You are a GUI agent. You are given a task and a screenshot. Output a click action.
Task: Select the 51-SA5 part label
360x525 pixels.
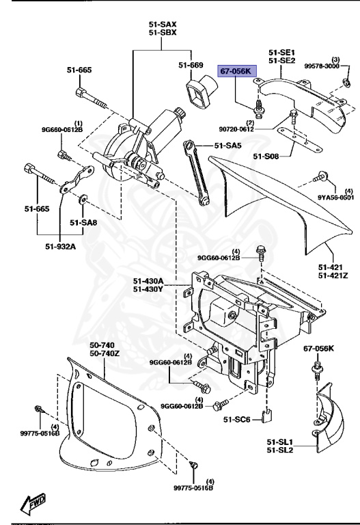tap(228, 146)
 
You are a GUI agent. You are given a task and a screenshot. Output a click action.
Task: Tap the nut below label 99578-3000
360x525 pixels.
tap(347, 83)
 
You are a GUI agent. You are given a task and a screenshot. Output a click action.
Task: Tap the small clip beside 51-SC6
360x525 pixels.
tap(269, 415)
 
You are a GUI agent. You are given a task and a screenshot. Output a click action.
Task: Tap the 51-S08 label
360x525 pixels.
tap(266, 157)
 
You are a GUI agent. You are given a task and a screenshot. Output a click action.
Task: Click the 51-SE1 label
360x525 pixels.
tap(281, 52)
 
